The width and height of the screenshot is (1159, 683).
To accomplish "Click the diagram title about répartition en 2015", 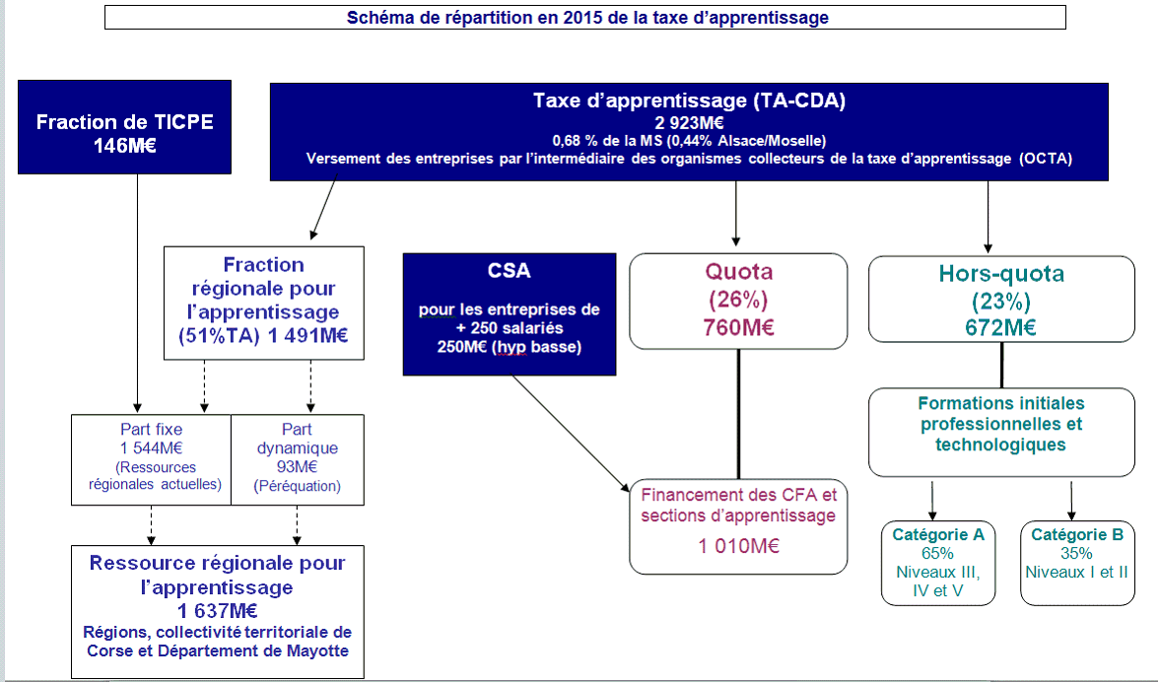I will point(587,18).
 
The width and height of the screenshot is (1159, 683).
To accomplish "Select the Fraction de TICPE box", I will point(124,127).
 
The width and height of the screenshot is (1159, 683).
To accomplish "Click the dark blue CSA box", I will point(509,313).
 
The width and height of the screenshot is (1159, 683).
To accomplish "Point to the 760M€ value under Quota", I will point(738,327).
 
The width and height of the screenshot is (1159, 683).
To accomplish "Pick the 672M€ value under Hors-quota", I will point(1001,328).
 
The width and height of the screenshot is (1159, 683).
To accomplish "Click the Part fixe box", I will point(151,458).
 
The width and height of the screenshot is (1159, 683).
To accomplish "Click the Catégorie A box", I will point(937,563).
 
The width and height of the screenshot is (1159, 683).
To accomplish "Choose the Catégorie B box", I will point(1076,563).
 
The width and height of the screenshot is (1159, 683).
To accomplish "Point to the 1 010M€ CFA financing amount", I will point(739,545).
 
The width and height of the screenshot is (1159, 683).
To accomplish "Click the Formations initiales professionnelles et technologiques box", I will point(1001,432).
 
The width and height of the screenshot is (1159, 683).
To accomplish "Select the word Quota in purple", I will point(738,272).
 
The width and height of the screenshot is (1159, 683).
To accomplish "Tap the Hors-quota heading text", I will point(1001,274).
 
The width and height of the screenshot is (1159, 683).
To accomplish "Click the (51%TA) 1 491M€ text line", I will point(263,335).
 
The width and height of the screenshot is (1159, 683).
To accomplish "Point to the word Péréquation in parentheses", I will point(297,486).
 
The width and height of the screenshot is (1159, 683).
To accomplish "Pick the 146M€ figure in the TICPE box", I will point(124,145).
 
